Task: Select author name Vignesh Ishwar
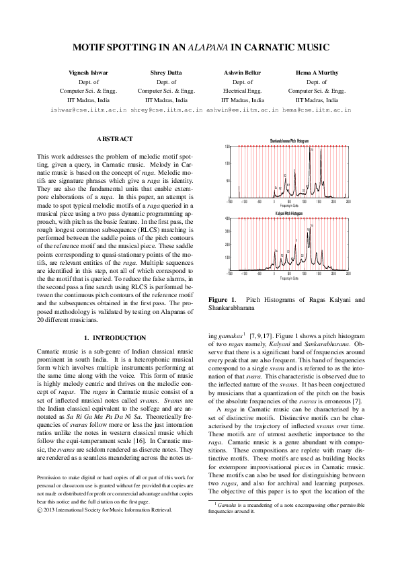coord(88,72)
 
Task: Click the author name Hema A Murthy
coord(317,72)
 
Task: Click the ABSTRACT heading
coord(115,138)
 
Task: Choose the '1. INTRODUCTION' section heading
coord(115,337)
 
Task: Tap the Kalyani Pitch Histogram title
coord(288,213)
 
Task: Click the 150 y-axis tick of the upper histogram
coord(227,146)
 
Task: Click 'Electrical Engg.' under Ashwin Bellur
coord(242,90)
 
